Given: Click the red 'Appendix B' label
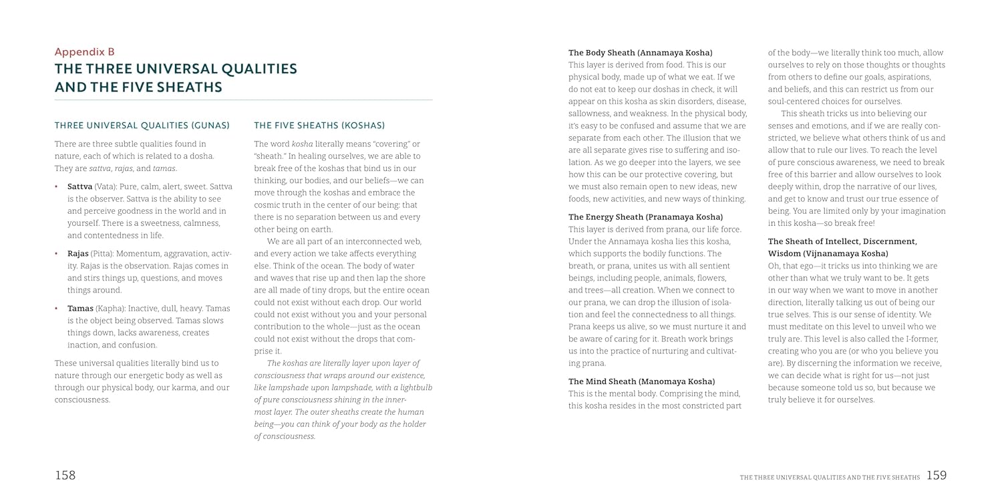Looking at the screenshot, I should tap(85, 51).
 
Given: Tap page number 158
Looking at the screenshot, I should tap(65, 475).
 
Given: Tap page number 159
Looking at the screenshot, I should tap(937, 475).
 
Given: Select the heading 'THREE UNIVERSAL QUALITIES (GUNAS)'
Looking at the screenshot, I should tap(142, 126).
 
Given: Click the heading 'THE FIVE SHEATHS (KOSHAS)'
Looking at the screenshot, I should tap(319, 126).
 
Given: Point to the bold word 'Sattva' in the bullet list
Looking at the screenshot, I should tap(79, 186).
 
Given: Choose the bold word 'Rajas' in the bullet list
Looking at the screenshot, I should tap(78, 254).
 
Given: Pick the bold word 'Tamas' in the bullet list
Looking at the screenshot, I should tap(79, 309).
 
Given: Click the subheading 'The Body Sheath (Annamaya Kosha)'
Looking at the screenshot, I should tap(640, 53).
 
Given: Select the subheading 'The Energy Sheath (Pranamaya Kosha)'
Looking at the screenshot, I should tap(645, 217).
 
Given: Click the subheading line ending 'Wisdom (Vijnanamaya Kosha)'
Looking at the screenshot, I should tap(828, 254).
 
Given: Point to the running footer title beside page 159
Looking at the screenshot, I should tap(830, 477).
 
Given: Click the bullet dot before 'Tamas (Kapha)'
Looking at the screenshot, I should tap(56, 309).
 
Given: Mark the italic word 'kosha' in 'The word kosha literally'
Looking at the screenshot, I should tap(302, 144).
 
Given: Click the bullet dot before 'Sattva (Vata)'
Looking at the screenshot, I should tap(56, 186).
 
